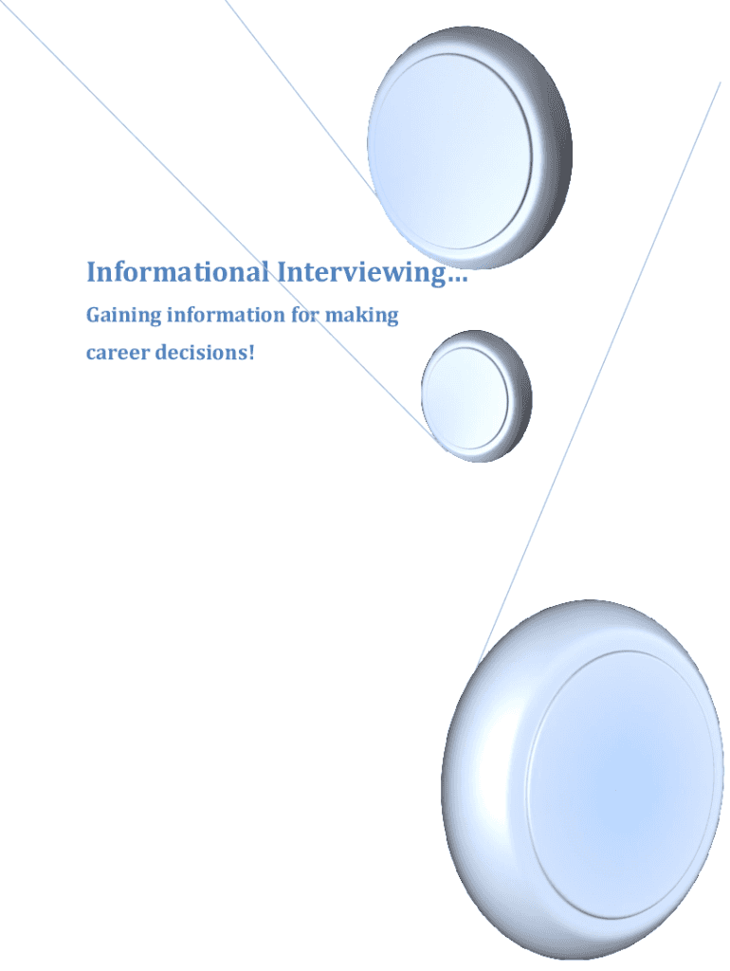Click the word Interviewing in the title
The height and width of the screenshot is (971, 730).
coord(361,273)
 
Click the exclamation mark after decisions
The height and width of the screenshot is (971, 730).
coord(252,354)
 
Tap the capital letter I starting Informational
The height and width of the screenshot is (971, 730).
coord(91,273)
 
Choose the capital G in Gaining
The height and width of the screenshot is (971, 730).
coord(94,315)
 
